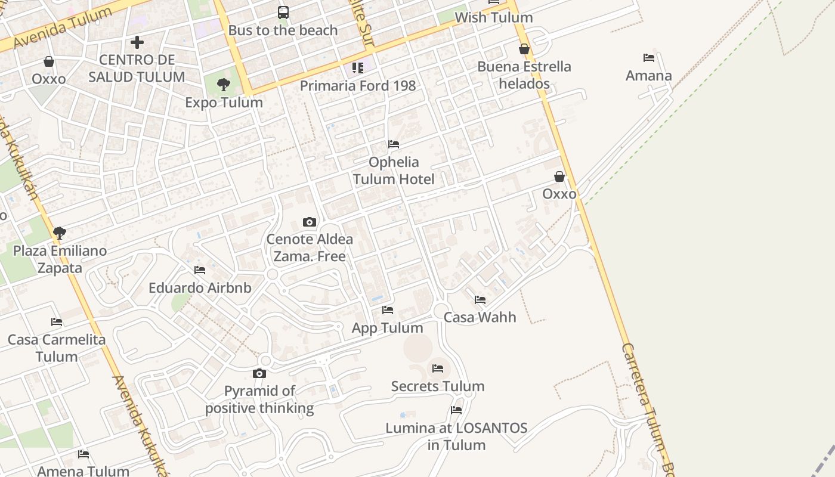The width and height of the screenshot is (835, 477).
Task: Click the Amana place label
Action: [x=649, y=76]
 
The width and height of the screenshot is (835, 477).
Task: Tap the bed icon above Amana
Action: [x=649, y=58]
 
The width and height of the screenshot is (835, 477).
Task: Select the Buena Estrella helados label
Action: [x=524, y=75]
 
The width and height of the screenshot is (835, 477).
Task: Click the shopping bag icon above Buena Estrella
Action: [x=524, y=49]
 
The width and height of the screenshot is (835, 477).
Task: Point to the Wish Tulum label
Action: [x=493, y=17]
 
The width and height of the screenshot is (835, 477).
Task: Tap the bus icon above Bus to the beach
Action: [x=283, y=13]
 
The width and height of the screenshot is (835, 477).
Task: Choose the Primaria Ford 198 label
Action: [x=358, y=85]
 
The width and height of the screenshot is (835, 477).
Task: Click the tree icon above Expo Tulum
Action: [x=224, y=85]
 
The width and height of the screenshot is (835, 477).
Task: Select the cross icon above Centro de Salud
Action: [x=137, y=42]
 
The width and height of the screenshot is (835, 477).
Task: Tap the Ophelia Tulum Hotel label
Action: [x=394, y=170]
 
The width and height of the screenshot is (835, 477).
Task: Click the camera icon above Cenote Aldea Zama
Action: [x=309, y=222]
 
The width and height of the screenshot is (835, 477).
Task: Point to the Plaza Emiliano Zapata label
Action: [x=60, y=259]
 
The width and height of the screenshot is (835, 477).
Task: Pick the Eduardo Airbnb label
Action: [x=200, y=288]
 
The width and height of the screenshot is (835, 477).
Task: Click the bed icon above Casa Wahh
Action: [x=480, y=300]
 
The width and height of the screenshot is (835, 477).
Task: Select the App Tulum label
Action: [x=388, y=327]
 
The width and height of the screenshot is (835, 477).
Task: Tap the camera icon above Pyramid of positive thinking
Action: [x=259, y=374]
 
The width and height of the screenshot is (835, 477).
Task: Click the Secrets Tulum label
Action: [x=438, y=386]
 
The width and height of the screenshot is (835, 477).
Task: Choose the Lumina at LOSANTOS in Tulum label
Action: [x=456, y=436]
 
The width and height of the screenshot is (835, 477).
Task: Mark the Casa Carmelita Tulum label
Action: [x=57, y=348]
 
